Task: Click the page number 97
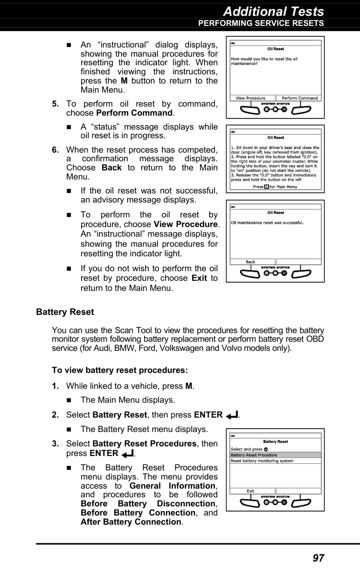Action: (318, 558)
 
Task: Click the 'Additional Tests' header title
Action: (274, 11)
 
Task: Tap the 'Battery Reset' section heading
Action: (65, 312)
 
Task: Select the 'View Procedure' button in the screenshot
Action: (250, 98)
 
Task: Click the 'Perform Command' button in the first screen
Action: (300, 98)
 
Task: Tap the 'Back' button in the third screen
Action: (251, 262)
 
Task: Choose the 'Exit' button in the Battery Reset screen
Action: (251, 491)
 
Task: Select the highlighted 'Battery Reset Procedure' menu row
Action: (275, 455)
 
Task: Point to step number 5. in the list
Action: (56, 104)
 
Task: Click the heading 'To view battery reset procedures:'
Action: (120, 371)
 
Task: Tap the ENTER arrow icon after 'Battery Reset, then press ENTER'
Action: (231, 415)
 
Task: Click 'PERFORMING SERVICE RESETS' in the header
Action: (261, 23)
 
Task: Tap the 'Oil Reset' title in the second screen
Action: (276, 138)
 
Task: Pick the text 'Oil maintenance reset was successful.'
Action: (268, 222)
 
